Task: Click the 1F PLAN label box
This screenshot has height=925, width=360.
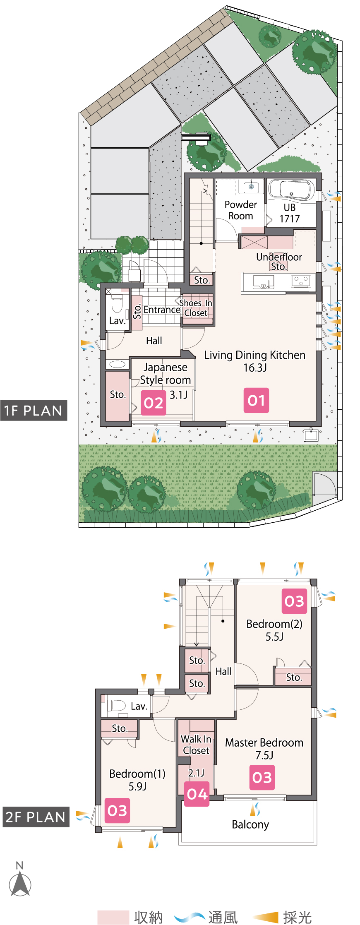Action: point(34,411)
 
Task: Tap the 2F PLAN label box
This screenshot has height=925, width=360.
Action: point(36,817)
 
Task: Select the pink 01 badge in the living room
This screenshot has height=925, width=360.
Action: point(256,400)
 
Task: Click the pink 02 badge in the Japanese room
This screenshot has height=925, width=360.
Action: point(154,403)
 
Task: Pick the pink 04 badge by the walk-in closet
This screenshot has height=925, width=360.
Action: point(197,794)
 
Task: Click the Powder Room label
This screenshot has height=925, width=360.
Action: point(241,210)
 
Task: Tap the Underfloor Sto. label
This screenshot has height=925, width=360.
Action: point(279,262)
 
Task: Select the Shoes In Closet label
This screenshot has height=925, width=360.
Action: point(196,308)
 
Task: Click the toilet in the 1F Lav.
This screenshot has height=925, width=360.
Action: point(117,303)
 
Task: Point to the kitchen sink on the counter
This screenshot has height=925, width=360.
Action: point(263,281)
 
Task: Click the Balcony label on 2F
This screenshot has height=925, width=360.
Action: point(250,824)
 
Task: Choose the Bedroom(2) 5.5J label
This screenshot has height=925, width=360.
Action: point(274,630)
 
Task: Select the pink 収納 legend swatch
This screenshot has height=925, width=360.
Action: point(113,917)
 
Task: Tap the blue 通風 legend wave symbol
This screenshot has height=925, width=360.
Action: point(190,917)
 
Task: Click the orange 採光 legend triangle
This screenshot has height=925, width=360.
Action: point(266,917)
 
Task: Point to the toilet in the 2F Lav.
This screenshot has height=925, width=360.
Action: point(116,705)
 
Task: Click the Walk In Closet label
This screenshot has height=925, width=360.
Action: point(196,745)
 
